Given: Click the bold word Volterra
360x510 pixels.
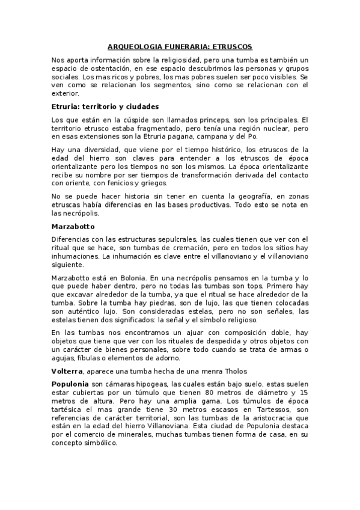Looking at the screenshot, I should [x=67, y=370].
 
